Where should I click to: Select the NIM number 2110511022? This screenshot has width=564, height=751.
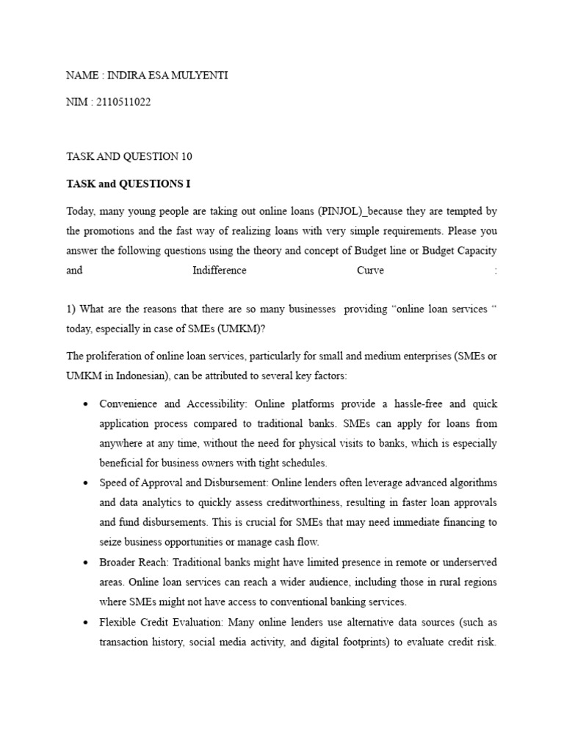[123, 102]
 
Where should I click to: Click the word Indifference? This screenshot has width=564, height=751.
[220, 271]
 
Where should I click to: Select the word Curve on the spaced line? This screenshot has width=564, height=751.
[370, 271]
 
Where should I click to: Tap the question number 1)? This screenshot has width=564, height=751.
[71, 309]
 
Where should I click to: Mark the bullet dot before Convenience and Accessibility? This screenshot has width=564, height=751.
[87, 404]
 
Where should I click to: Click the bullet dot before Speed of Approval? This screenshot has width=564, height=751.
[87, 483]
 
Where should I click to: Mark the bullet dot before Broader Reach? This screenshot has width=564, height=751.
[87, 563]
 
